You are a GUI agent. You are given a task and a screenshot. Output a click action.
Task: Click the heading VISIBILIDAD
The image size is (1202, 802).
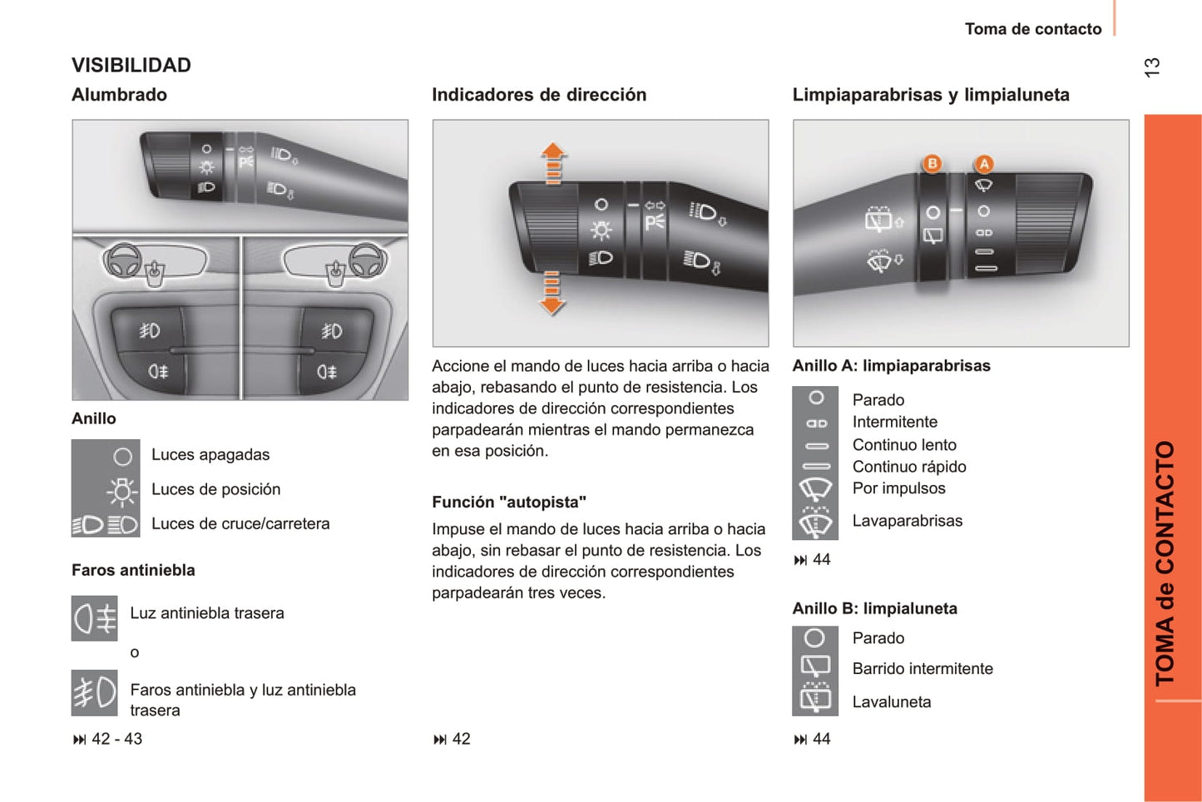point(131,65)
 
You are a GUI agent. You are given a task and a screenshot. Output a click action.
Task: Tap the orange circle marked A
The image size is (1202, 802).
point(984,164)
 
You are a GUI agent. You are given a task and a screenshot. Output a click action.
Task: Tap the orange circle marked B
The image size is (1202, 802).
point(932,163)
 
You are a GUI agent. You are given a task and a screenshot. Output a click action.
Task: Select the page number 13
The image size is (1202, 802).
point(1152,67)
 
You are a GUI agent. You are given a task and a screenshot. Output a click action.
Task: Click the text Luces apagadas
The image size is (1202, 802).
point(210,454)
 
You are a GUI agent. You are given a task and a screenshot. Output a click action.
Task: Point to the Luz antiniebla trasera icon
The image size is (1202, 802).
point(95,618)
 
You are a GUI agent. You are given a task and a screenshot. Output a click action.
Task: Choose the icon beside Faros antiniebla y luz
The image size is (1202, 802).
point(95,693)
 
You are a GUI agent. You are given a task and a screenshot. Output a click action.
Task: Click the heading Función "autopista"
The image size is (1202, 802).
point(509,502)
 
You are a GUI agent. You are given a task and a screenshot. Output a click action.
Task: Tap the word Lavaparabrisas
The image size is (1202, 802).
point(907,521)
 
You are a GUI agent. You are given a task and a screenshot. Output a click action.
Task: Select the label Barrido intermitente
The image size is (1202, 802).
point(923,669)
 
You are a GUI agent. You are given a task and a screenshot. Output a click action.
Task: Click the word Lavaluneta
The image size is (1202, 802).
point(892,702)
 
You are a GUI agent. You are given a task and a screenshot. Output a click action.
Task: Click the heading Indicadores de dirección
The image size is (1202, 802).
point(539,95)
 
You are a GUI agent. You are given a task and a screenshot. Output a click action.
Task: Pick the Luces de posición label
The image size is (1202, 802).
point(215,489)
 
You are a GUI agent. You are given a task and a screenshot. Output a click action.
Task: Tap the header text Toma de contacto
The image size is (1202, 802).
point(1033,29)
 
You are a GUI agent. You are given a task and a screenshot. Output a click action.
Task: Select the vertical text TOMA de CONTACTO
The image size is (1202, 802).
point(1165,562)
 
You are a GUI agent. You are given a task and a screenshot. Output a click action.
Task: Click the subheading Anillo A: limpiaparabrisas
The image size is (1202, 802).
point(891,365)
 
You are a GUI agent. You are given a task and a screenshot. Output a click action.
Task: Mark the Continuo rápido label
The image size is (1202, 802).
point(909,467)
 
